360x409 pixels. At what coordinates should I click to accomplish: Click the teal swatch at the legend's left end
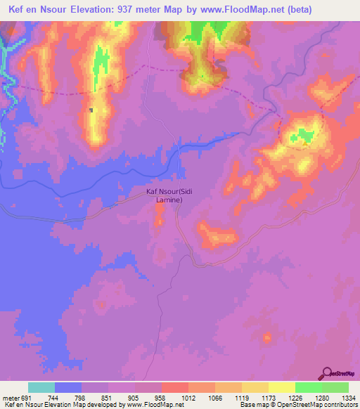(41, 387)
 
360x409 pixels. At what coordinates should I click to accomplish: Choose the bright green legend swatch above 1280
(308, 387)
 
